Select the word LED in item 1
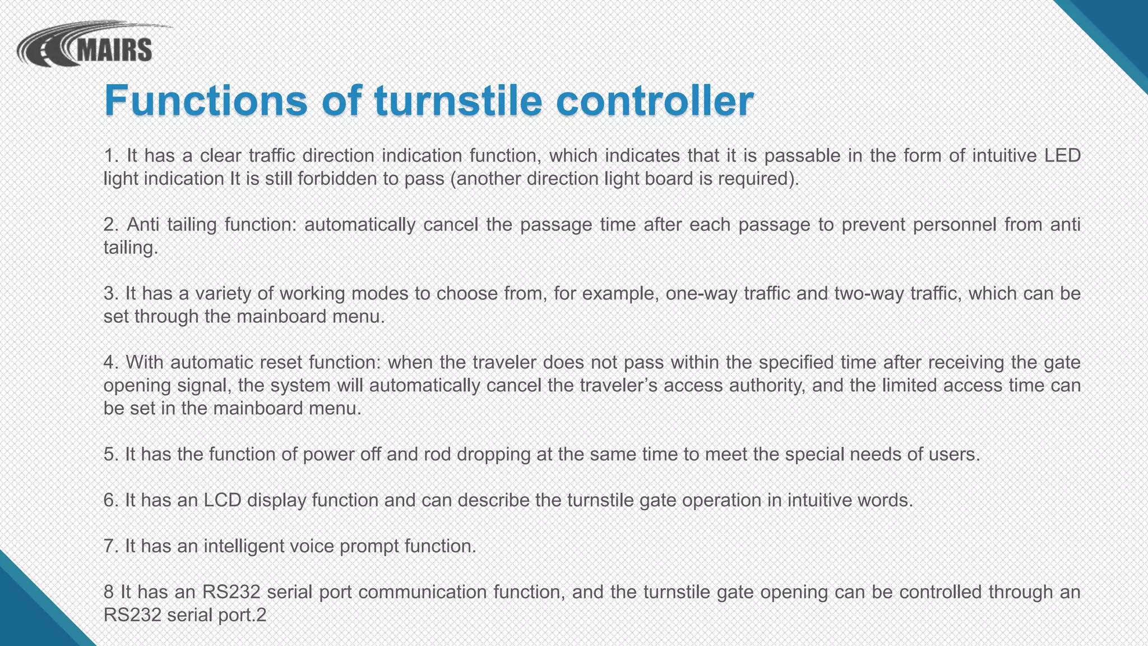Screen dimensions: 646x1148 1062,155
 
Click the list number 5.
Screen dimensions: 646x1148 110,454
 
